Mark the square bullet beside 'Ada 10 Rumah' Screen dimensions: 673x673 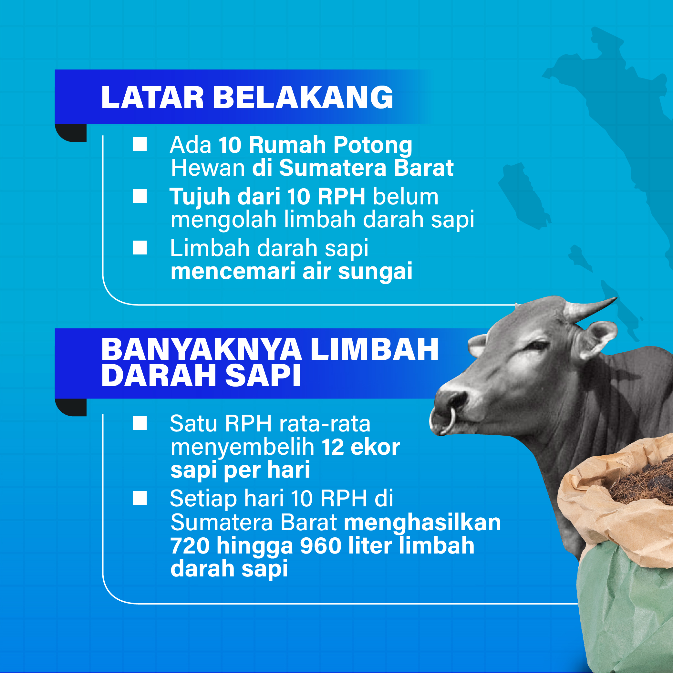[140, 144]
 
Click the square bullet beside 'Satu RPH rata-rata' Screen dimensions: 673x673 [140, 423]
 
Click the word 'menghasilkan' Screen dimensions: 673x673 [422, 523]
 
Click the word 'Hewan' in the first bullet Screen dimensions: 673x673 [208, 168]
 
